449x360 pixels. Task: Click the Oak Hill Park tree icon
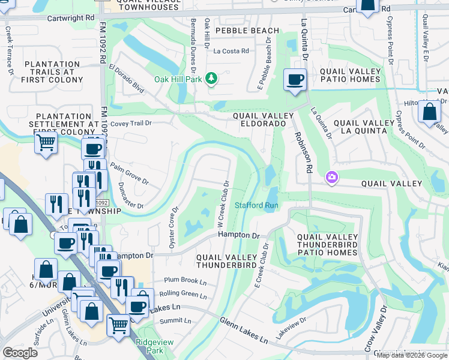tap(211, 79)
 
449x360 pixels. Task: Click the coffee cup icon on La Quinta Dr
tap(295, 80)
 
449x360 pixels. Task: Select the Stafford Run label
tap(256, 205)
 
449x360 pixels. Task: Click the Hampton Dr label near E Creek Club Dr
tap(238, 235)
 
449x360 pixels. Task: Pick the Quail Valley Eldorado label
tap(264, 119)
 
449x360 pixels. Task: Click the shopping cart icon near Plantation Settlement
tap(46, 143)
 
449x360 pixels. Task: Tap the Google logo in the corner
tap(20, 353)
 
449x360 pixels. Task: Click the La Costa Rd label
tap(231, 52)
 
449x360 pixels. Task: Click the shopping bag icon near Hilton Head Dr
tap(429, 112)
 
